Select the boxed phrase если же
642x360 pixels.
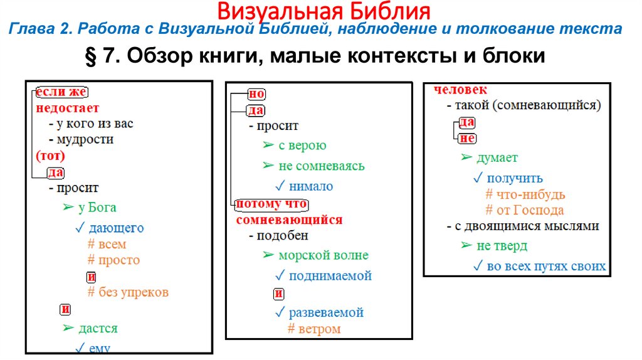(x=60, y=93)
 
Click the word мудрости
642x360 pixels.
(x=85, y=139)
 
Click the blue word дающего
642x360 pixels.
(x=116, y=228)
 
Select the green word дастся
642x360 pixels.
(x=98, y=328)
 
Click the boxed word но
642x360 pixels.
(x=257, y=94)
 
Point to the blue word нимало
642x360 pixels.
(x=311, y=186)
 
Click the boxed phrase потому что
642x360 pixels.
(x=271, y=205)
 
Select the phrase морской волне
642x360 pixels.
(x=324, y=255)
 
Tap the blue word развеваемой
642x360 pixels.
(x=326, y=312)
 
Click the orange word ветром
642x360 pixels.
(x=320, y=329)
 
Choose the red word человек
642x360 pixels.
(x=460, y=90)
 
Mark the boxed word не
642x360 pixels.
(x=467, y=139)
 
